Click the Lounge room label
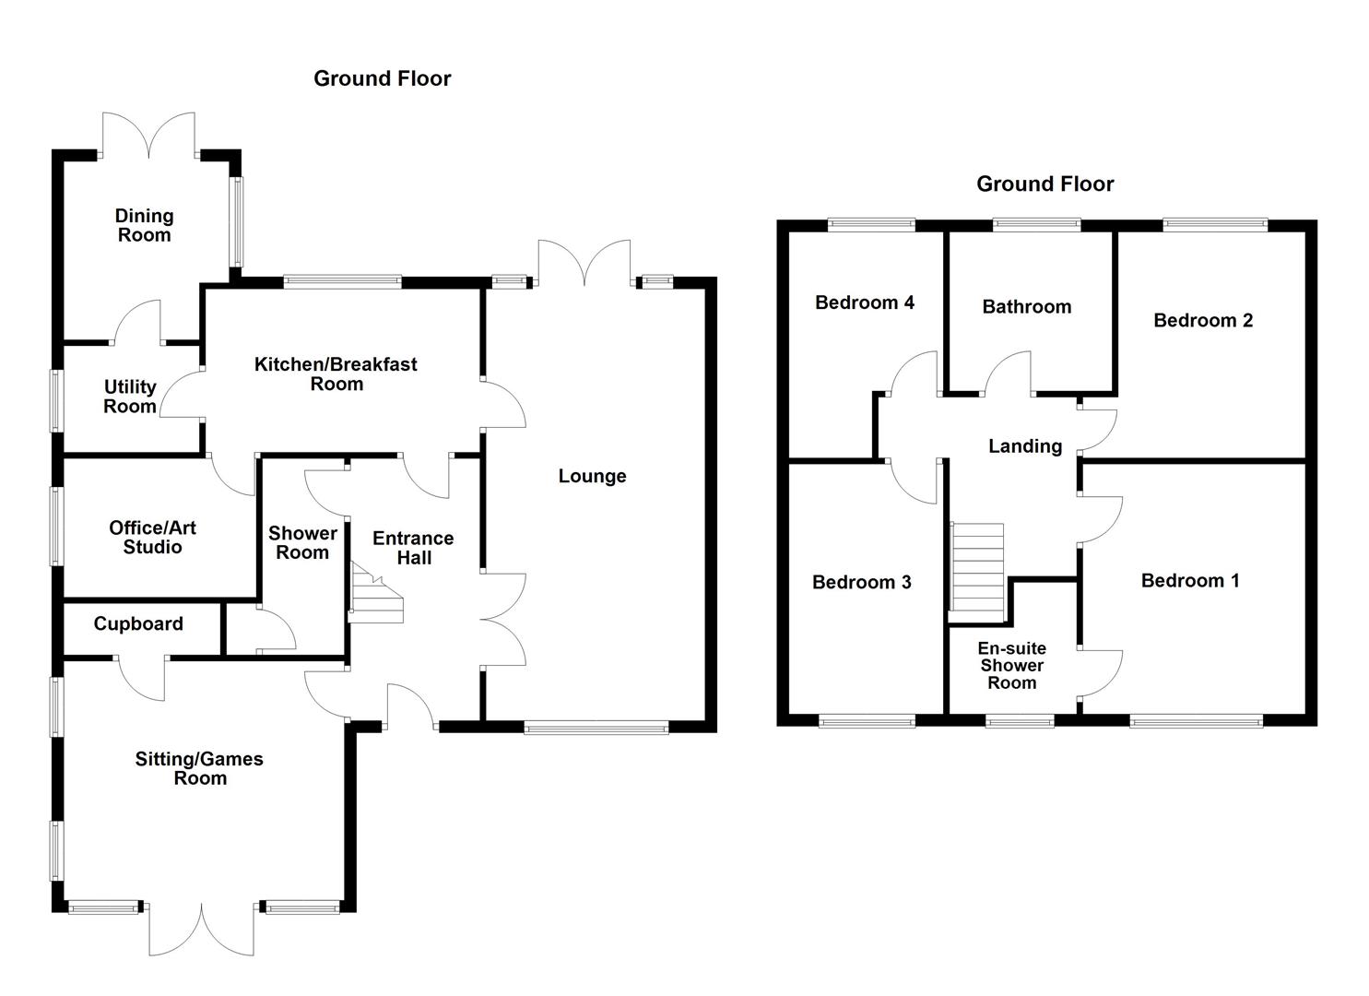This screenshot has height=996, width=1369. coord(592,476)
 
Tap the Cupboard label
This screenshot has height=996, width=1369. coord(138,623)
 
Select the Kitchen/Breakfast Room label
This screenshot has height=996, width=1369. coord(336,374)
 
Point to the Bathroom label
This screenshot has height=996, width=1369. coord(1027,306)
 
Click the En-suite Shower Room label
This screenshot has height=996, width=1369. coord(1012,665)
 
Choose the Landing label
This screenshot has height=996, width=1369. coord(1025,446)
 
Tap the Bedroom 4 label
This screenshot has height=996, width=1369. coord(865,302)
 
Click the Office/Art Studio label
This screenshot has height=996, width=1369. coord(152,537)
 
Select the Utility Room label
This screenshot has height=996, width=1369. coord(130,397)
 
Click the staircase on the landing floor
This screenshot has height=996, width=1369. coord(976,566)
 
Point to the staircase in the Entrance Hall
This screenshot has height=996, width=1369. coord(375,593)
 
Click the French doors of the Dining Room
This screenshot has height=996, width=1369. coord(148,135)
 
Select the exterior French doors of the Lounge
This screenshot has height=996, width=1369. coord(584,262)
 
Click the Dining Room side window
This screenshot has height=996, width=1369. coord(237,221)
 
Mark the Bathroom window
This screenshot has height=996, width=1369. coord(1036,225)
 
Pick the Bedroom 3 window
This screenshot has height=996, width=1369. coord(867,722)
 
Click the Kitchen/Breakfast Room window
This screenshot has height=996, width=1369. coord(343,282)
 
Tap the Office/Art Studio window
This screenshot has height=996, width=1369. coord(57,527)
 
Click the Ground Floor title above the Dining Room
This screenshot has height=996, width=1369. coord(382,79)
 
